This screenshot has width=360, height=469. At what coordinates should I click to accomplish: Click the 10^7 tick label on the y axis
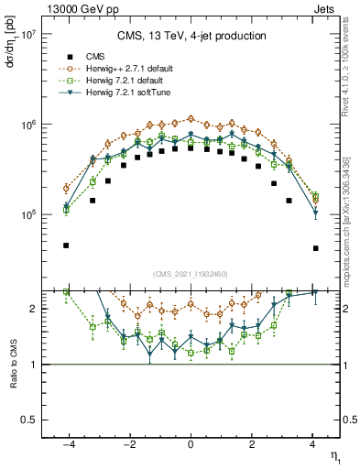point(25,35)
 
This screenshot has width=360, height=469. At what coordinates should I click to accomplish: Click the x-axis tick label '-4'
point(66,445)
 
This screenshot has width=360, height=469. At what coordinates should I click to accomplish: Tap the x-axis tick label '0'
point(191,445)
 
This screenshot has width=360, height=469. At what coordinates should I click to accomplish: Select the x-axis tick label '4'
point(313,445)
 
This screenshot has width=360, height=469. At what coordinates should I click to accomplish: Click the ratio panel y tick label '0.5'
point(27,420)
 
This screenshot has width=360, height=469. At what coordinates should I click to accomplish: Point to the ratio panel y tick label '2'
point(32,309)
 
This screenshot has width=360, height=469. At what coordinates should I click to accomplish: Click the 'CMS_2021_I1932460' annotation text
point(191,274)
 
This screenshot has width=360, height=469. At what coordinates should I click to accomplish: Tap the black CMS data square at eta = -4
point(67,245)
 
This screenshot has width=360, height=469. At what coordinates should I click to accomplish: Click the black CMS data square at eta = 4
point(315,248)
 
